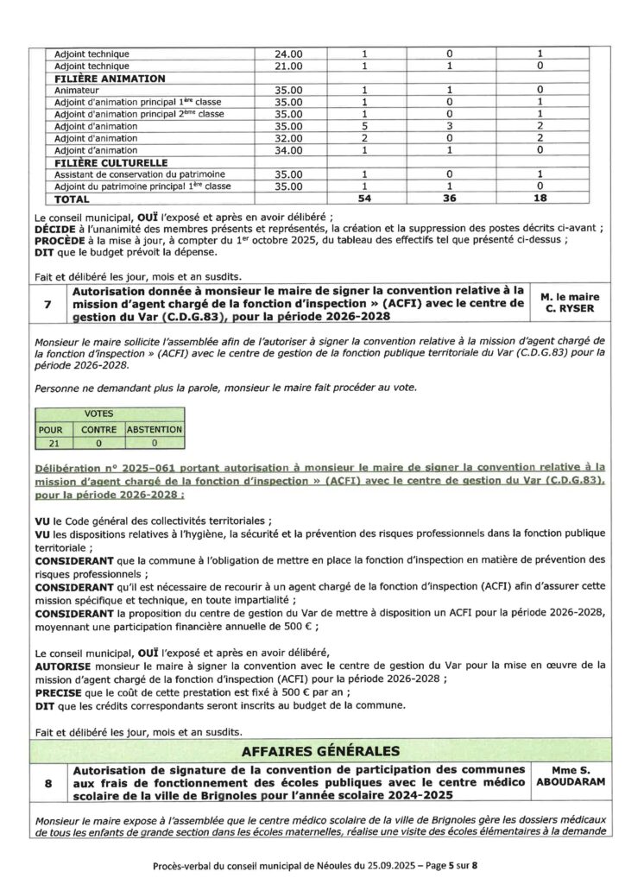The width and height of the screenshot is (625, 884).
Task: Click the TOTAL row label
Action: pos(73,199)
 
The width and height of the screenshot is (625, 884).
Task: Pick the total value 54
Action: pos(364,199)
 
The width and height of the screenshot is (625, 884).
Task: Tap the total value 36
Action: pos(450,199)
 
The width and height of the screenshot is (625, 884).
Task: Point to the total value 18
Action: pos(539,199)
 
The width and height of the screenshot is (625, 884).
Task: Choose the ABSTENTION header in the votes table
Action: pos(154,429)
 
